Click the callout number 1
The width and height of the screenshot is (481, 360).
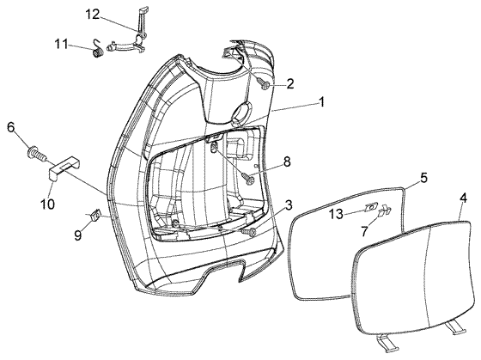click(321, 101)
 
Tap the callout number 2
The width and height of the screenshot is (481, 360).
click(290, 84)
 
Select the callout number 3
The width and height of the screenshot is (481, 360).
click(289, 206)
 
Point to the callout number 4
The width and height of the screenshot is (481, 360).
click(464, 197)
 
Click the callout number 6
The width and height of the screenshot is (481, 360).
click(12, 128)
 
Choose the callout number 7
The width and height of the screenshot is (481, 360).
click(364, 231)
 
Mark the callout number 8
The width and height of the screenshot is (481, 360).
click(287, 161)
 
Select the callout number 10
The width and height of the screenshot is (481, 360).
click(47, 204)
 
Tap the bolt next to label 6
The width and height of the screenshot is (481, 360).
click(37, 155)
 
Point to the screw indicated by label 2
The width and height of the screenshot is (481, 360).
click(265, 84)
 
